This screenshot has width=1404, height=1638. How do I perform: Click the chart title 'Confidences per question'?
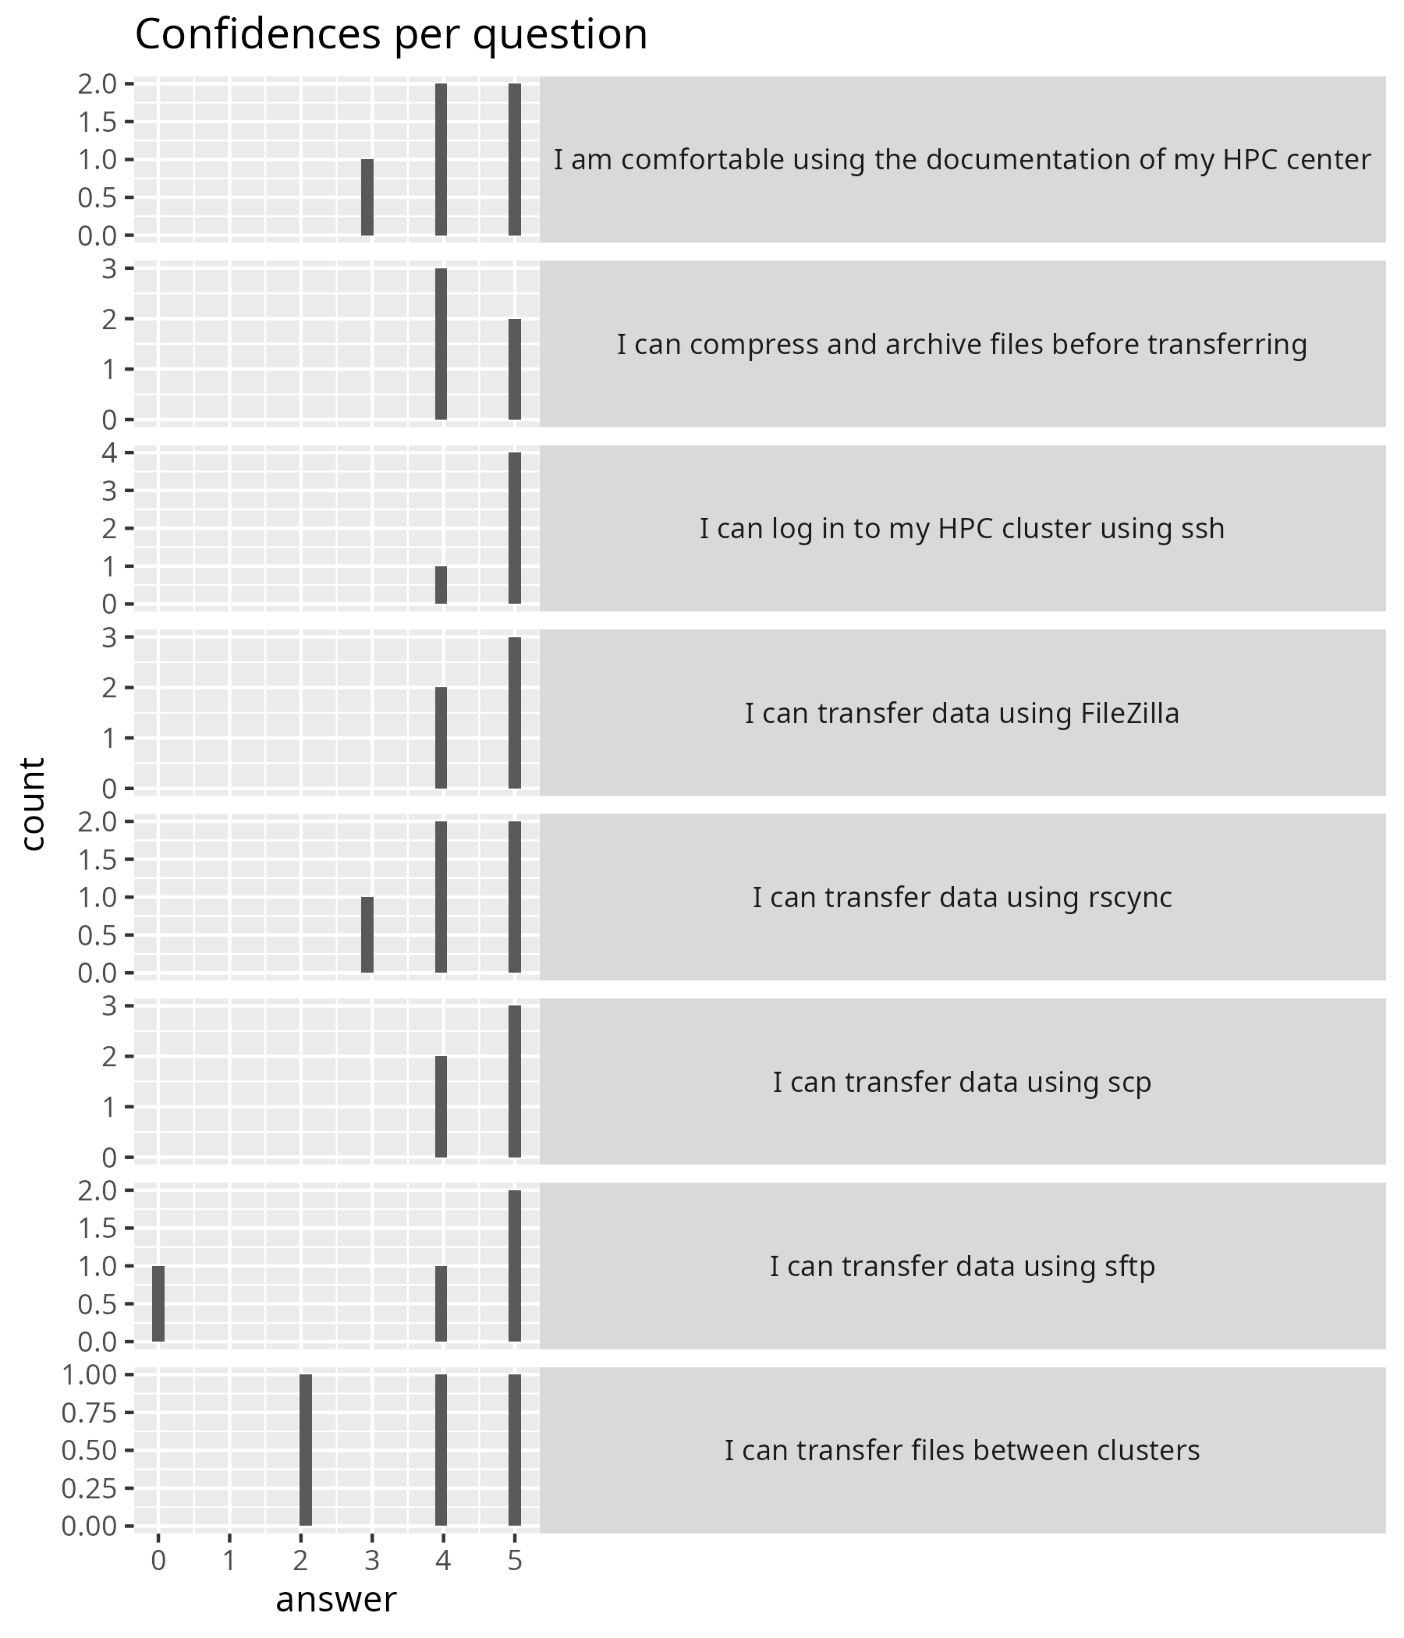[x=392, y=35]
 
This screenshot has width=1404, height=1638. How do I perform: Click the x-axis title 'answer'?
[x=336, y=1599]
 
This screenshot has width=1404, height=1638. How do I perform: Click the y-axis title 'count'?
[x=34, y=804]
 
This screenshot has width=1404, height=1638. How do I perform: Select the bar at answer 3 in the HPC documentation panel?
[x=367, y=197]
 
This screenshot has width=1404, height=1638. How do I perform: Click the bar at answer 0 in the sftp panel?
[x=158, y=1303]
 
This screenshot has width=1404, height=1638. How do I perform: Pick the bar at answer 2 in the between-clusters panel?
[x=305, y=1450]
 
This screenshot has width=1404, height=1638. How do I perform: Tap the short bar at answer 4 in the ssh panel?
[x=441, y=585]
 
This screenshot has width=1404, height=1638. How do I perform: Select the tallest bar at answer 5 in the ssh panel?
[x=515, y=528]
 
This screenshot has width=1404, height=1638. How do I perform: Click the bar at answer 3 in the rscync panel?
[x=367, y=935]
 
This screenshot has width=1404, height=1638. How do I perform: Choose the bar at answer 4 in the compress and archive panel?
[x=441, y=344]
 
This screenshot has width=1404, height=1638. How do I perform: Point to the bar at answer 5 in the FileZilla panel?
[x=515, y=713]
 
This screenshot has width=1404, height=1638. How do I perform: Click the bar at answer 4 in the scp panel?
[x=441, y=1107]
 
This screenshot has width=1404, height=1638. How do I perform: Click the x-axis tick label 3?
[x=371, y=1561]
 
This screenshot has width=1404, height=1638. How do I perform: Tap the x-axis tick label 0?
[x=158, y=1561]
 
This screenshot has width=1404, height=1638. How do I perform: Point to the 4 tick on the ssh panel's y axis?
[x=109, y=453]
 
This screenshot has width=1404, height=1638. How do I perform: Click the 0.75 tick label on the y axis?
[x=89, y=1413]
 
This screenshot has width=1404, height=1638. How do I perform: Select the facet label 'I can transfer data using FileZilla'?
[x=962, y=713]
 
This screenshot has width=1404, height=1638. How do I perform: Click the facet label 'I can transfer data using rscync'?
[x=962, y=897]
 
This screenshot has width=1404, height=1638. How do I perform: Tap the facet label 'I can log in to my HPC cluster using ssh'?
[x=962, y=528]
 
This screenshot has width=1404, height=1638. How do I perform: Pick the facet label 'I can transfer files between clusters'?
[x=962, y=1451]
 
